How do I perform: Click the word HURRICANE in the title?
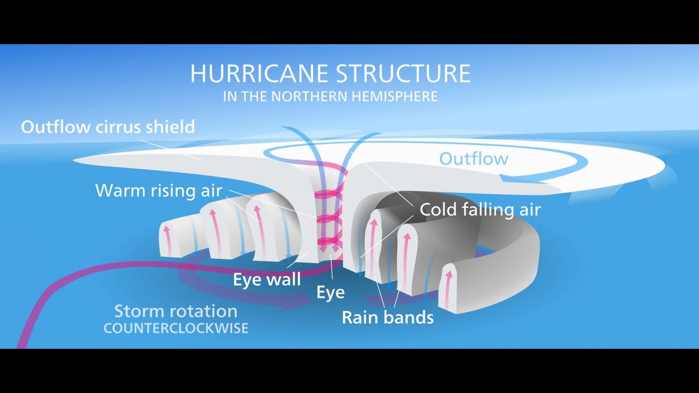coord(259,74)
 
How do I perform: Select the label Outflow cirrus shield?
coord(108,127)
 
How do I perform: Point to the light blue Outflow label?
coord(473,159)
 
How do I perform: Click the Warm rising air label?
coord(158,190)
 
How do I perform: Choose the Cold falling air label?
coord(479,210)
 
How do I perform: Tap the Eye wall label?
coord(266,279)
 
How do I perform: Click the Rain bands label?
coord(388,317)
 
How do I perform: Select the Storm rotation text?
coord(175,312)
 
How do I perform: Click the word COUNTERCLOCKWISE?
coord(175,329)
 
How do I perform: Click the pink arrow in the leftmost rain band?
coord(168,240)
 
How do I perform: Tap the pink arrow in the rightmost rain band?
coord(449,287)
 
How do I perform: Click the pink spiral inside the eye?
coord(330,218)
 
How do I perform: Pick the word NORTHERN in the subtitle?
coord(303,97)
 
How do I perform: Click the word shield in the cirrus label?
coord(170,127)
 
